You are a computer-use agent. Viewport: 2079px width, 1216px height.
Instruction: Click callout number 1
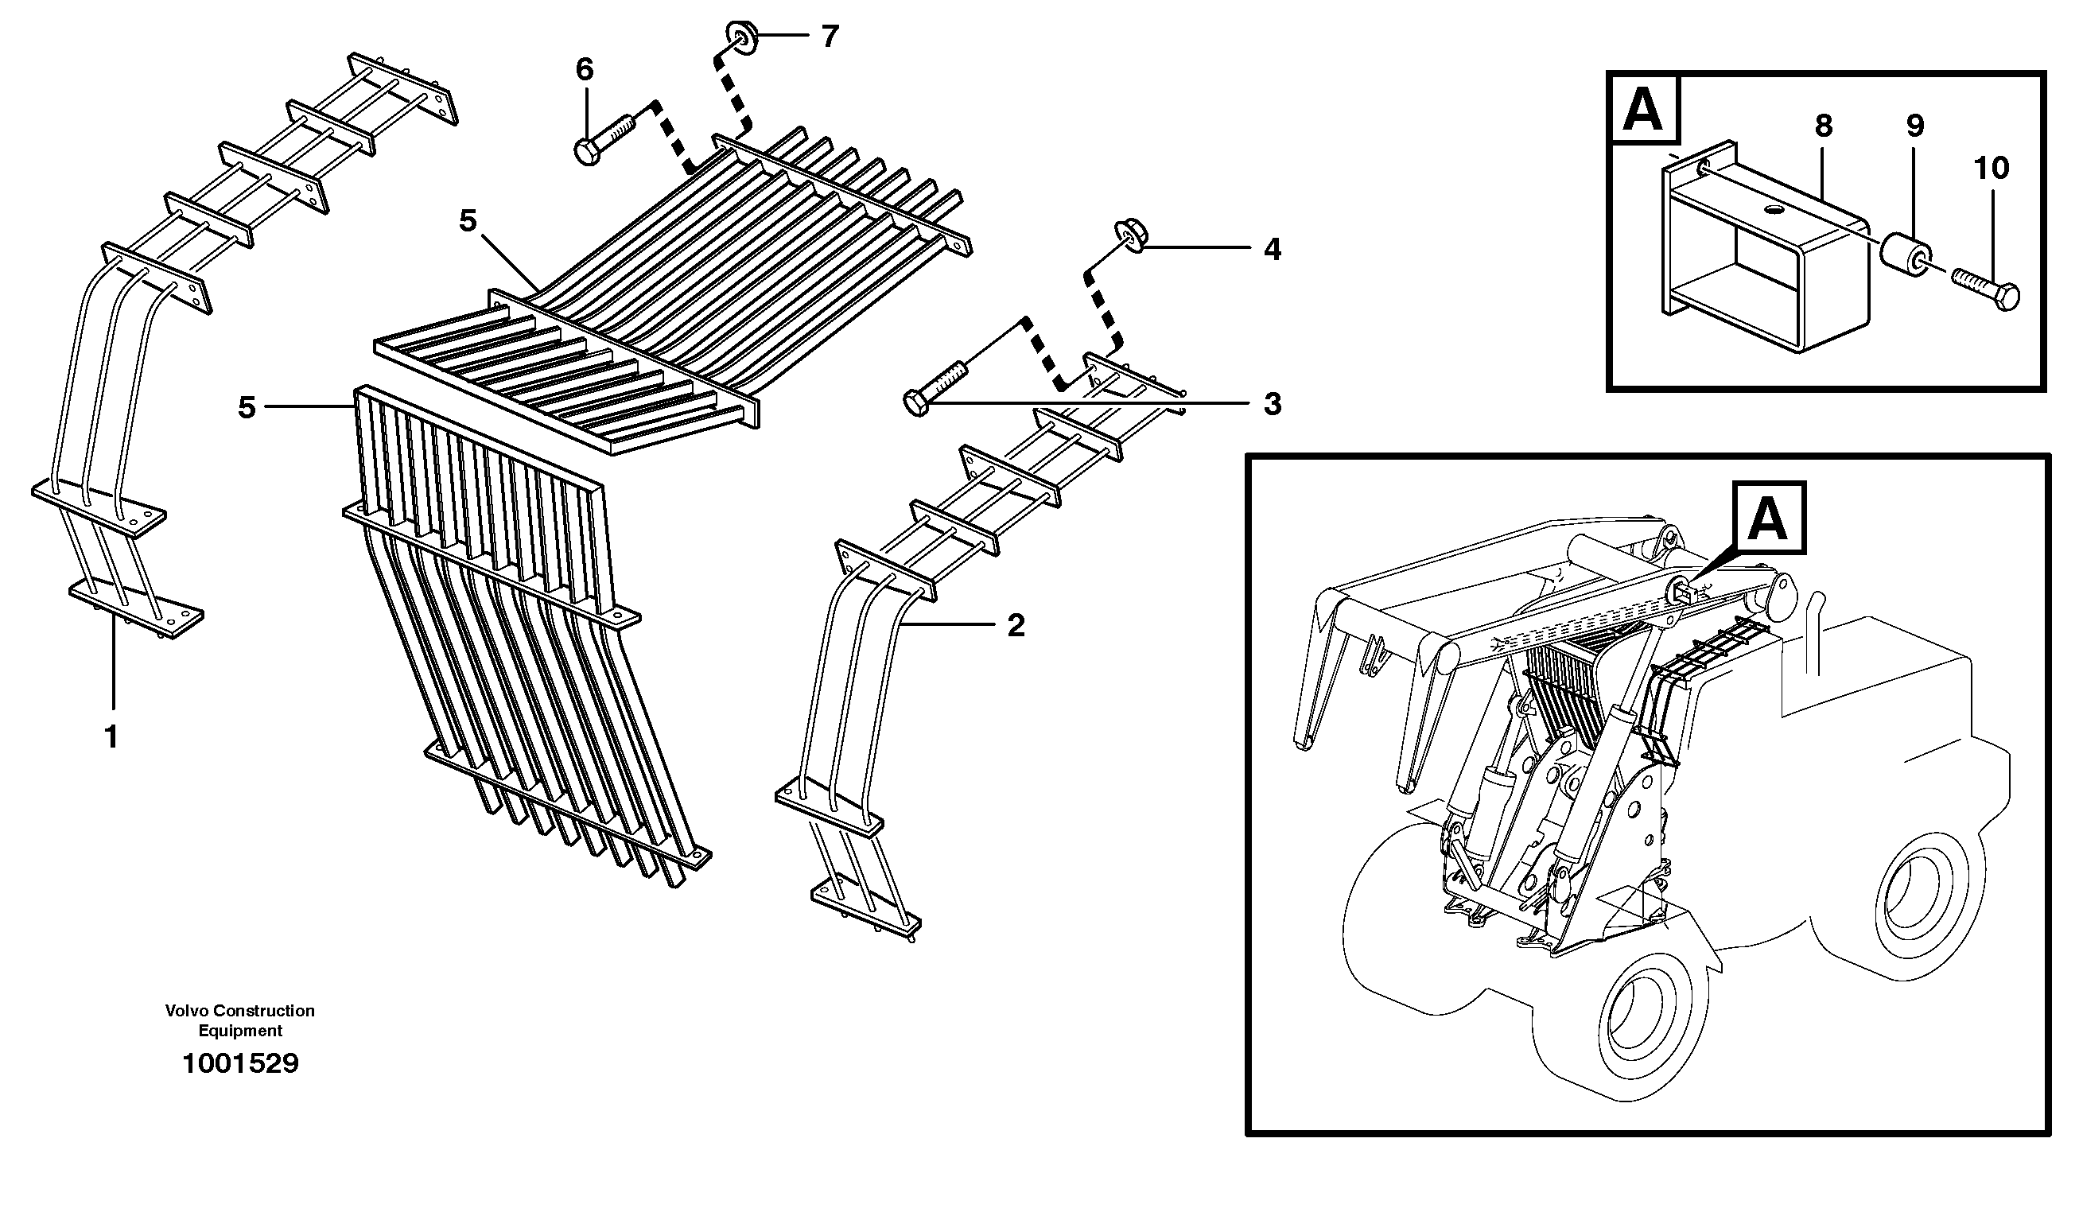(111, 736)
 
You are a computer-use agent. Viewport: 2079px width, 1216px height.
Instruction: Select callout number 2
(1016, 625)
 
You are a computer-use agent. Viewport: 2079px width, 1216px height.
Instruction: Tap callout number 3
(1273, 404)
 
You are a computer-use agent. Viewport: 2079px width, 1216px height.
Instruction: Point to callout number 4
(1273, 249)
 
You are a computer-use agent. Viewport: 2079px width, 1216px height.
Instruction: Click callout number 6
(584, 70)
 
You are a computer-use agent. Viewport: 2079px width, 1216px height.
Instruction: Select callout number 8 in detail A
(1823, 126)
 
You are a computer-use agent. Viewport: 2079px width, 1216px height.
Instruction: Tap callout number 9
(1915, 126)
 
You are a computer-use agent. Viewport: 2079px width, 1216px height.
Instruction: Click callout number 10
(1992, 169)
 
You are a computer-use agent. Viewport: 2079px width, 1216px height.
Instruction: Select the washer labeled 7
(740, 38)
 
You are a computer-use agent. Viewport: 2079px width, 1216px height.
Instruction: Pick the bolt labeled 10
(1985, 289)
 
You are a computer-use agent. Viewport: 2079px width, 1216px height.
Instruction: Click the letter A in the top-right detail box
(1642, 111)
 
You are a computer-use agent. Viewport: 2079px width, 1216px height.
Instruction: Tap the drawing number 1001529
(240, 1064)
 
